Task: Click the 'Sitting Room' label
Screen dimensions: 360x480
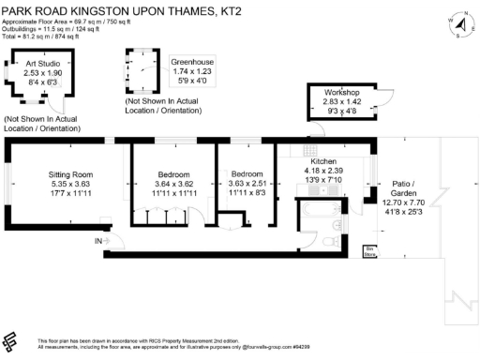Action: point(71,174)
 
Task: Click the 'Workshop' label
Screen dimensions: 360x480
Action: point(343,94)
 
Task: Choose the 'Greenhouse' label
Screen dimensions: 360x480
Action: point(191,63)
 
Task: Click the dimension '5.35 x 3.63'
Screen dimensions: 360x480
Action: point(71,185)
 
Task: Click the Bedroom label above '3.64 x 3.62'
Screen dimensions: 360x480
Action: point(173,174)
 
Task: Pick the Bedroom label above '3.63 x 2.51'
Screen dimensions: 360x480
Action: point(247,174)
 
